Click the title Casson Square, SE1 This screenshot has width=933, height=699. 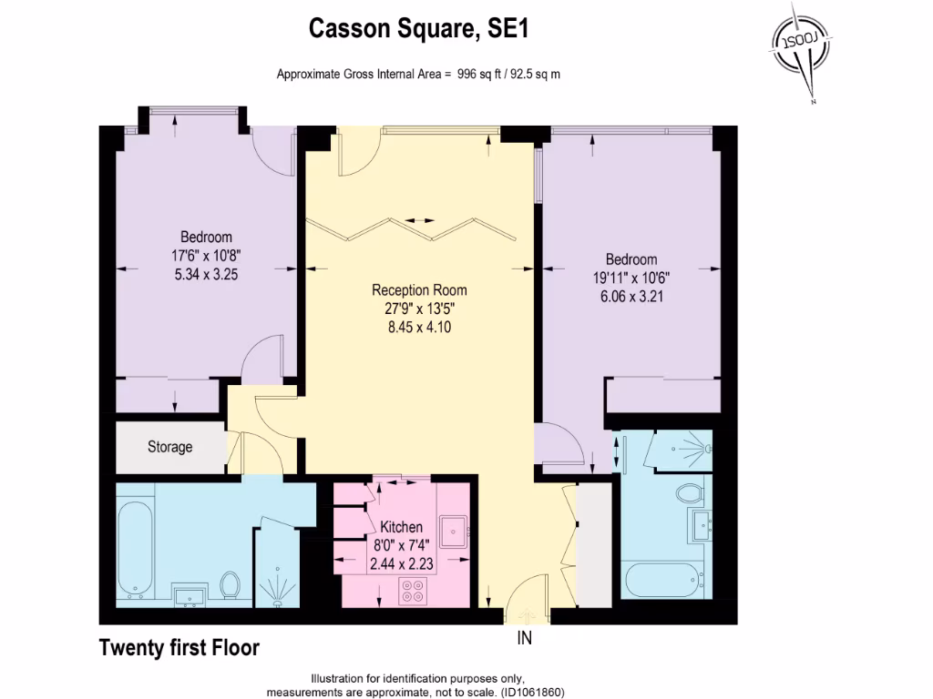click(x=419, y=29)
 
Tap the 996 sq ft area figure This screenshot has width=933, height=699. click(x=480, y=74)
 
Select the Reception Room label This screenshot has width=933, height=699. click(x=419, y=290)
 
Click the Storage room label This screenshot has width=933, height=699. click(x=170, y=447)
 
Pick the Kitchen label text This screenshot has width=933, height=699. click(x=401, y=527)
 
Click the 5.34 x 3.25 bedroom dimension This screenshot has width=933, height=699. click(x=206, y=274)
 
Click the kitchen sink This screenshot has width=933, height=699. click(x=453, y=529)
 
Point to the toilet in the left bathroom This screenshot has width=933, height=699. click(x=231, y=583)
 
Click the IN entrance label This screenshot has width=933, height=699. click(x=525, y=638)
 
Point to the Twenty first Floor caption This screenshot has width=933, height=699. click(x=179, y=648)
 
